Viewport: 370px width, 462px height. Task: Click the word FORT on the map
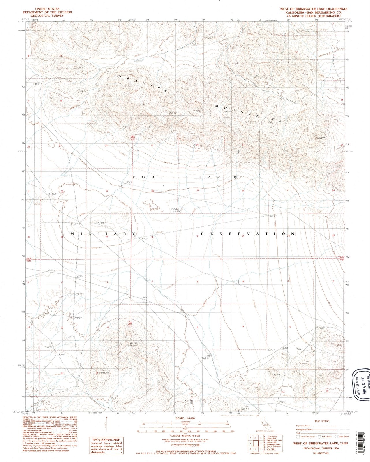pos(148,177)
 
